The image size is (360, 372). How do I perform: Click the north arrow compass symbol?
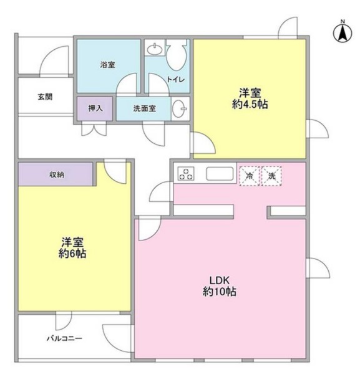(x=343, y=32)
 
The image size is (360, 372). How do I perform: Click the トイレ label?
(x=173, y=79)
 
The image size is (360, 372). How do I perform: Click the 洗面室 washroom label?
(x=144, y=108)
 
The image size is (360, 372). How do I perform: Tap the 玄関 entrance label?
(x=44, y=97)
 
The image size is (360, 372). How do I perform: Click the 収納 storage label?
(x=56, y=174)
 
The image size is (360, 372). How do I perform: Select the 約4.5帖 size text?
(x=249, y=105)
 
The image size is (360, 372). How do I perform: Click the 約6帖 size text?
(x=74, y=254)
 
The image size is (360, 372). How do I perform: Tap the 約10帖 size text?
(x=219, y=292)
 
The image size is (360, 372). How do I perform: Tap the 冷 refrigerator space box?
(x=250, y=176)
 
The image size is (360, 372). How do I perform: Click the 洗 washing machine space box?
(x=271, y=176)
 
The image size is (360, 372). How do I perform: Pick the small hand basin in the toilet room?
(x=153, y=49)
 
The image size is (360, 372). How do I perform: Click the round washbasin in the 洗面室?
(x=180, y=108)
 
